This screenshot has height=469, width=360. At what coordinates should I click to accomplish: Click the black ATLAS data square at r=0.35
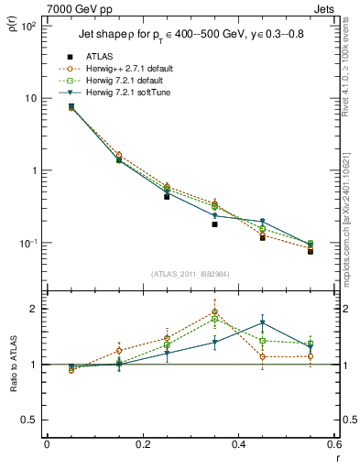pos(214,224)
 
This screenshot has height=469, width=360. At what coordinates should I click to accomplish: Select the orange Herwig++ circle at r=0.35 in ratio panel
pos(214,311)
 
